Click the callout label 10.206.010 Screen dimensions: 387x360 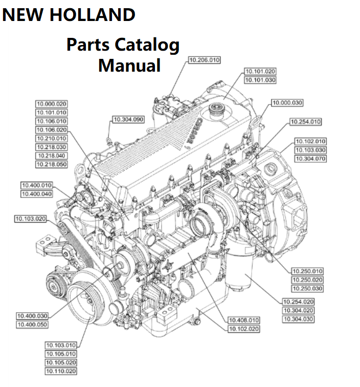[204, 60]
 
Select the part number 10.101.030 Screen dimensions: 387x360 [260, 80]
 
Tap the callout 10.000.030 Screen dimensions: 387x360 [286, 103]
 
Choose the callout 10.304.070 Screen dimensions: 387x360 [310, 159]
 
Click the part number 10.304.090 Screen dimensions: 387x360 [128, 119]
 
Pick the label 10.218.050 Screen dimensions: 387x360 [51, 165]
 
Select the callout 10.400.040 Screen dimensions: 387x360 [37, 194]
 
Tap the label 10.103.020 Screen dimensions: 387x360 [30, 219]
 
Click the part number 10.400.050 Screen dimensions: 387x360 [32, 325]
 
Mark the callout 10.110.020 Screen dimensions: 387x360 [61, 371]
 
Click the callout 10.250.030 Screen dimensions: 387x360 [307, 289]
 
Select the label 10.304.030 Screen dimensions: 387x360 [298, 319]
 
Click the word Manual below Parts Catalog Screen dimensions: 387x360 [129, 65]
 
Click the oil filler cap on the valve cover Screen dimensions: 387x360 [215, 110]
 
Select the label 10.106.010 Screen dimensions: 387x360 [51, 121]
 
